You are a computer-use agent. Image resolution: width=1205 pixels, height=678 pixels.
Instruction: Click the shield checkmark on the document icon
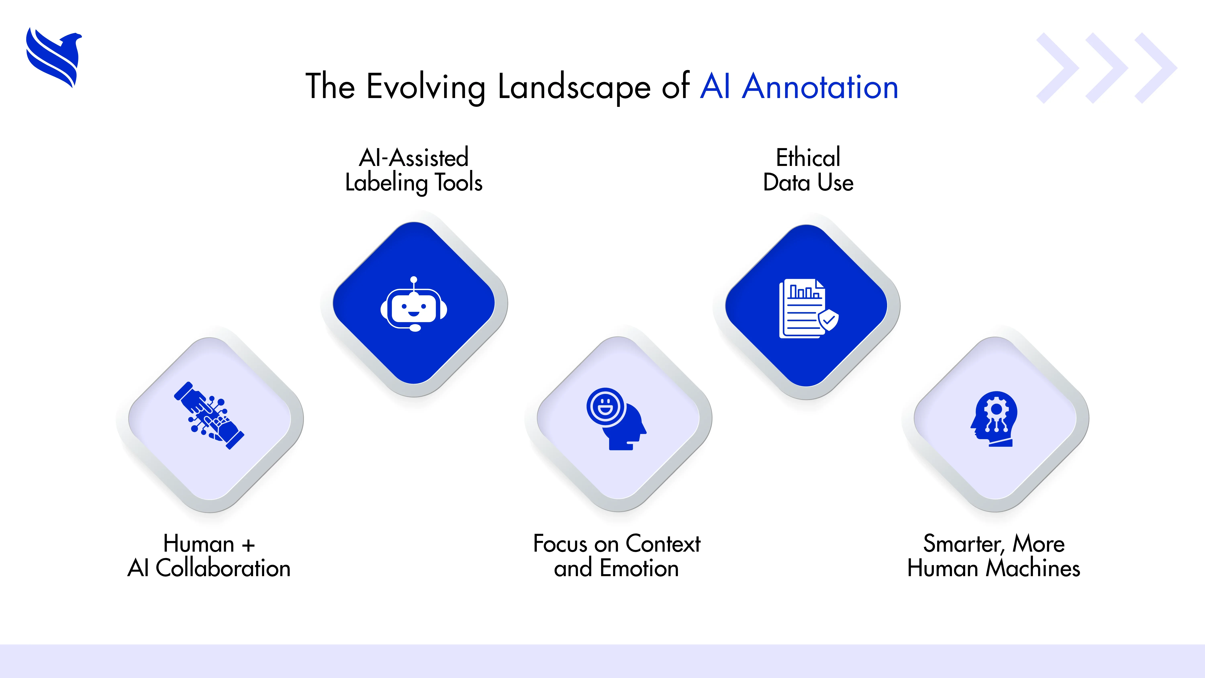[x=828, y=320]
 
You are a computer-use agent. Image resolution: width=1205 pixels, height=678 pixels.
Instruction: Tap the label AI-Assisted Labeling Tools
[x=414, y=170]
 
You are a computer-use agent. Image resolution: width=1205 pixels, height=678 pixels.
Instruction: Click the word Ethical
[x=808, y=158]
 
